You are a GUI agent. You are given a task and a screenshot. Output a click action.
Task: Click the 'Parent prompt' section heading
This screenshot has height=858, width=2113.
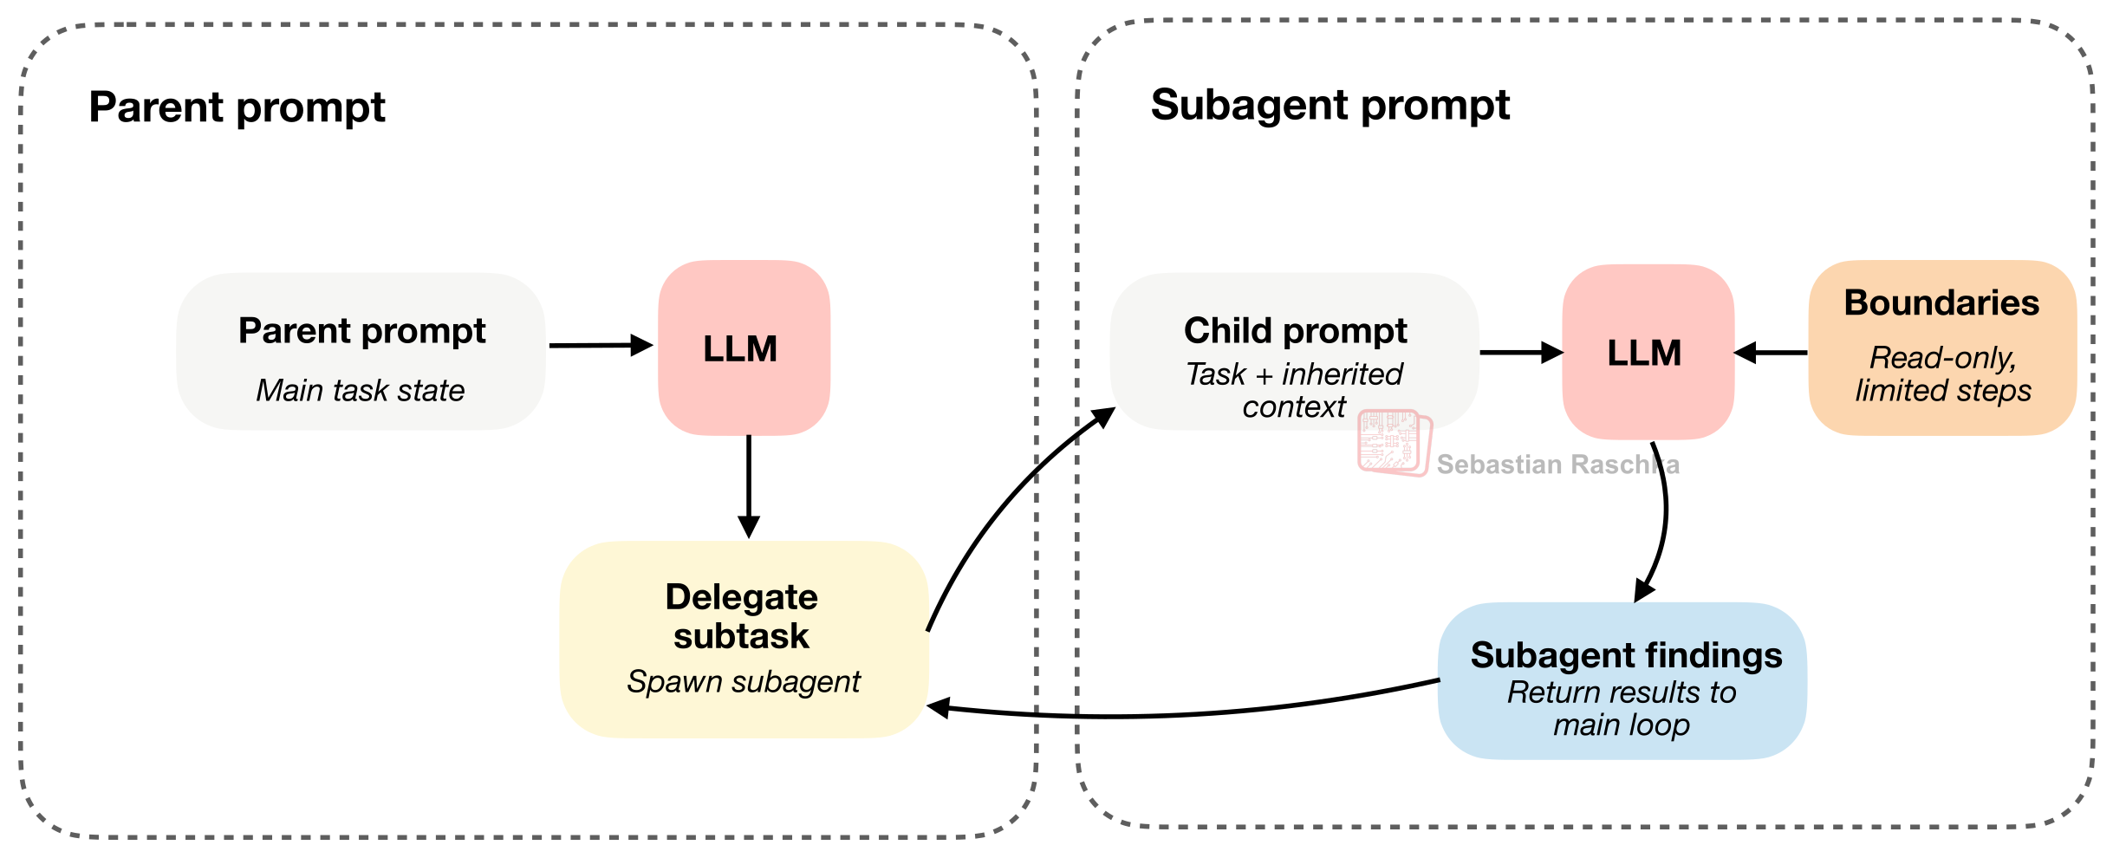(x=237, y=107)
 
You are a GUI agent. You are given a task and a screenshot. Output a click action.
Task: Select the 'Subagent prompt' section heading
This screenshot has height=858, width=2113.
(x=1330, y=106)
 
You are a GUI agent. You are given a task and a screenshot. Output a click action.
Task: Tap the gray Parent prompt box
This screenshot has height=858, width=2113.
(x=361, y=352)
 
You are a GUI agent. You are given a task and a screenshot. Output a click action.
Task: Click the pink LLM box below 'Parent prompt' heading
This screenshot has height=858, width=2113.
(x=744, y=348)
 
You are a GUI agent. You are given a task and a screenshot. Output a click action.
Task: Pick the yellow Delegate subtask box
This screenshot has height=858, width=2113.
(x=744, y=640)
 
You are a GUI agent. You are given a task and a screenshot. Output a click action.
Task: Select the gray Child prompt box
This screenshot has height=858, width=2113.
(x=1295, y=352)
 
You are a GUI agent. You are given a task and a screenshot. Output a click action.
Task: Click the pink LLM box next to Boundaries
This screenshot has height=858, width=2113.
(x=1648, y=352)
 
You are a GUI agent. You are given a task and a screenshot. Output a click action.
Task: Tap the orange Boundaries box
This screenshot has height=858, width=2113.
(x=1942, y=348)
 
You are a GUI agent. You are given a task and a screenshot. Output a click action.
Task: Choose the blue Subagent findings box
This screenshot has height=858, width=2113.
(x=1622, y=681)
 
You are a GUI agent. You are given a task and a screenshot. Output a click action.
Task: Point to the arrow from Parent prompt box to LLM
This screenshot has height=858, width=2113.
(x=601, y=345)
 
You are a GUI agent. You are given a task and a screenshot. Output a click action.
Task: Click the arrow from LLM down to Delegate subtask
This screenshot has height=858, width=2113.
(x=749, y=487)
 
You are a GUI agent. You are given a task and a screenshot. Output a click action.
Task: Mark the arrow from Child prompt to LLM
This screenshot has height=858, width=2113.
(x=1522, y=353)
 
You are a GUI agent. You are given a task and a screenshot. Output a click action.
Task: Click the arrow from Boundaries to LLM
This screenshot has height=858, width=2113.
(x=1771, y=353)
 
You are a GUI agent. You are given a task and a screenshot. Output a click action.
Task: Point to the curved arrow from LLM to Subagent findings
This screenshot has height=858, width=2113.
(x=1663, y=520)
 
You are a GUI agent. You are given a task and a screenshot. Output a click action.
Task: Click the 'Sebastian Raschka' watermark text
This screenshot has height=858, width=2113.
(x=1557, y=465)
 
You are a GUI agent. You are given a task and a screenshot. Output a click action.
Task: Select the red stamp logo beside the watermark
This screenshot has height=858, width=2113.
(x=1395, y=443)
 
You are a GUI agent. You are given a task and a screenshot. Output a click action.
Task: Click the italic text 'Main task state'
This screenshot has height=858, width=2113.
(x=361, y=391)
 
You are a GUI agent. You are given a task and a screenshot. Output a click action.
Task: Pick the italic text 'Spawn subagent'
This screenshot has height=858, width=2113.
(x=744, y=682)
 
